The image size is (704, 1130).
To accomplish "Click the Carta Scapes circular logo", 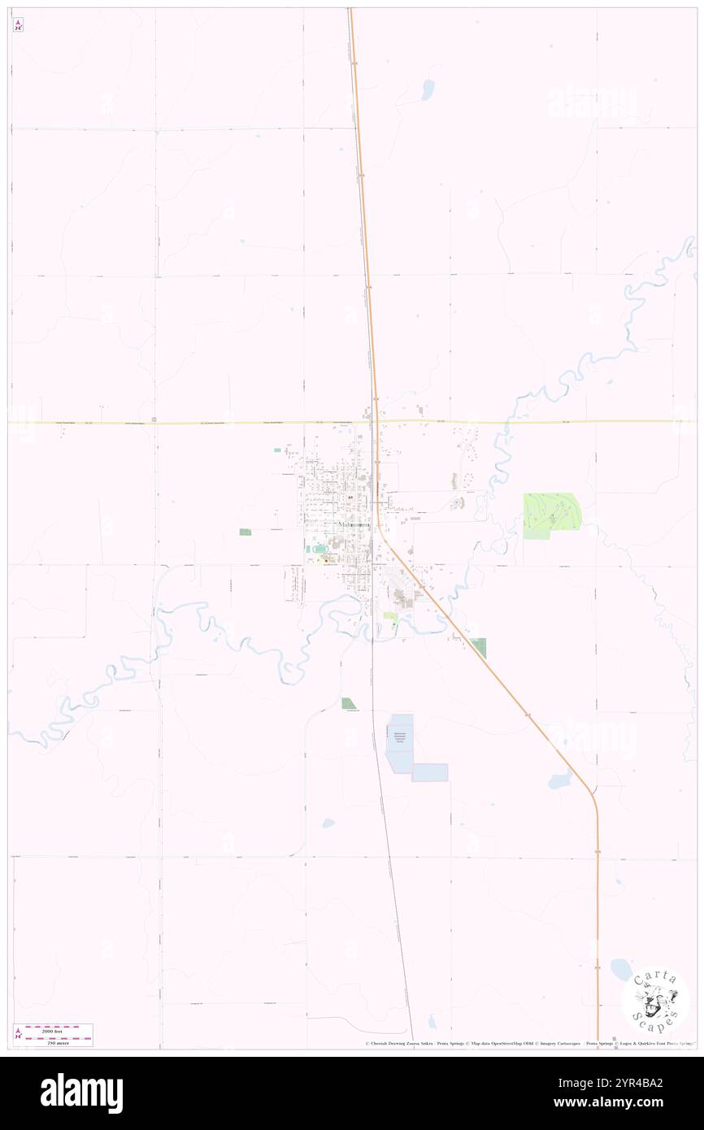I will pos(655,999).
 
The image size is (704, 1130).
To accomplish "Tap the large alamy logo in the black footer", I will pos(81,1093).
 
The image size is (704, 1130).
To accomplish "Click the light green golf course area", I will pos(550,514).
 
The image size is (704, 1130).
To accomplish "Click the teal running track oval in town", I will pos(313,550).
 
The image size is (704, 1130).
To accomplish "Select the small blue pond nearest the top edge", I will pos(427,90).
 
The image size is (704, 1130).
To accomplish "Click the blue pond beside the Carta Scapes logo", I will pos(620,968).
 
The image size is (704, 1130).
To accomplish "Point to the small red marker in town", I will pos(326,560).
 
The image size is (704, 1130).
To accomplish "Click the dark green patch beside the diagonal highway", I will pos(479,648).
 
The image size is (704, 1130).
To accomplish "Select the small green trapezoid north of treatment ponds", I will pos(349,703).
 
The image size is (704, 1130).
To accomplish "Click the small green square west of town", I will pos(246,532).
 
